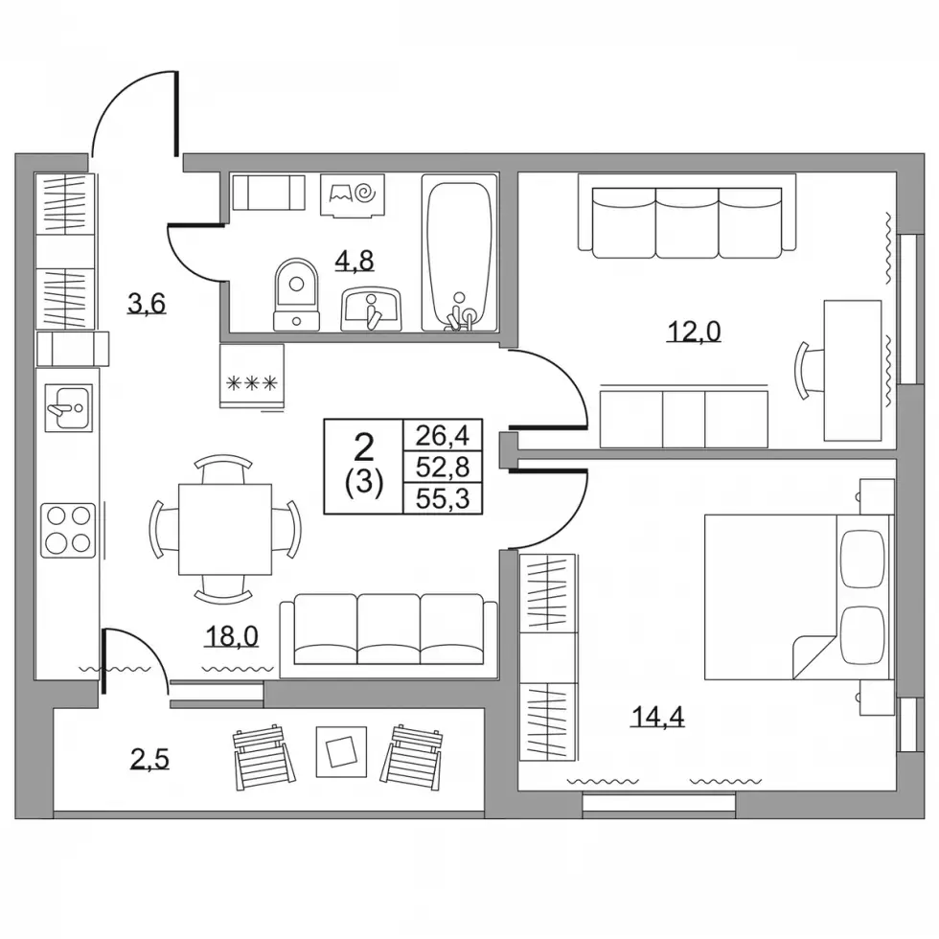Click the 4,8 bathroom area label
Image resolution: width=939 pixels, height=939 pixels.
(355, 261)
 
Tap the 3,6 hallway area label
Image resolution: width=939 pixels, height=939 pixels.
(146, 304)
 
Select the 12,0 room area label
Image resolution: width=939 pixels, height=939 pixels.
(694, 331)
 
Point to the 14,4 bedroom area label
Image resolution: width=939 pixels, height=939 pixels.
(657, 717)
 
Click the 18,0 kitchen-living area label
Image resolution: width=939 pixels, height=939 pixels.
(232, 636)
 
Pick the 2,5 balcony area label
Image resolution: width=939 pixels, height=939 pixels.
(149, 759)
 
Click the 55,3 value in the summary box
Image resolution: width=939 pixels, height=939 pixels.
(442, 499)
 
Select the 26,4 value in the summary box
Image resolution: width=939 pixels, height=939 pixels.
(442, 435)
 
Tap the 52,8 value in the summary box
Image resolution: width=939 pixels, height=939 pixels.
(442, 468)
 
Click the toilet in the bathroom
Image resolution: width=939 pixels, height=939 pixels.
(296, 295)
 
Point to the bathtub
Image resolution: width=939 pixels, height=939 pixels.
(459, 252)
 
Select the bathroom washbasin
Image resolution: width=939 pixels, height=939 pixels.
(371, 309)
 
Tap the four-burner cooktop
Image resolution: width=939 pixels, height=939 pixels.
(68, 531)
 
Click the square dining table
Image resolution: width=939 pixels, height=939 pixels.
(224, 529)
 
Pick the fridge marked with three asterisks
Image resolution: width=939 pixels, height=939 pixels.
(251, 377)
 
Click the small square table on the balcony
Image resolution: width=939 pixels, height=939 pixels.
(341, 751)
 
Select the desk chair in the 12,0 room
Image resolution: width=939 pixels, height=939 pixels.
(802, 370)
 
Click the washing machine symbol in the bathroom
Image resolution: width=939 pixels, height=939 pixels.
(353, 195)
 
